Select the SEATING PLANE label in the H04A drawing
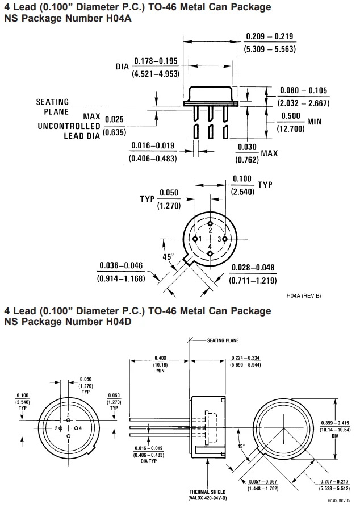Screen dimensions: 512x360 click(x=52, y=107)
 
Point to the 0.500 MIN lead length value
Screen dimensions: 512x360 click(x=291, y=116)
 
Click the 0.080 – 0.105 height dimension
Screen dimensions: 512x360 click(x=304, y=91)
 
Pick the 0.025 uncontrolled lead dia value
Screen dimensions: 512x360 click(x=114, y=119)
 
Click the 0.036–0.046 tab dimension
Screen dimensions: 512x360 click(x=121, y=265)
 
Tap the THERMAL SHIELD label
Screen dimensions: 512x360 click(x=208, y=492)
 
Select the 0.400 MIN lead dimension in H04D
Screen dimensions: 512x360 click(x=160, y=357)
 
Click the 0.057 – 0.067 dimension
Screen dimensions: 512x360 click(x=261, y=482)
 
